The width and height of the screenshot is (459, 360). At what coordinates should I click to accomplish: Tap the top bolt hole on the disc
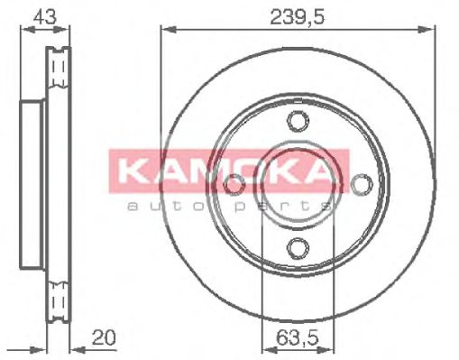(296, 122)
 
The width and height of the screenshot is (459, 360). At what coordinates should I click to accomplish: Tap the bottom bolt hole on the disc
(296, 247)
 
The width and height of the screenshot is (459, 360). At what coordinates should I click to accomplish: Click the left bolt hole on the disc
(234, 184)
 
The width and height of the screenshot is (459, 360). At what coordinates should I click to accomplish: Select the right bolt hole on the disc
(361, 184)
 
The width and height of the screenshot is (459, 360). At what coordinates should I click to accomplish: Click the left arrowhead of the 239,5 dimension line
(166, 30)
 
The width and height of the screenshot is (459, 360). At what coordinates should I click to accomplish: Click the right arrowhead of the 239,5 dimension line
(429, 30)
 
